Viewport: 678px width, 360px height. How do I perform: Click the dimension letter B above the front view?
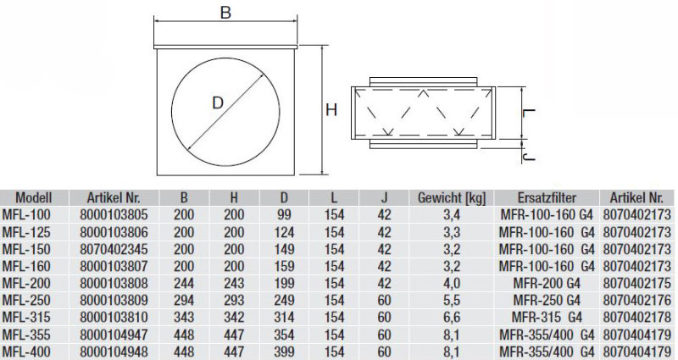225,14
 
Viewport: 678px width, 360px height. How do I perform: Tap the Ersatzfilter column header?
548,197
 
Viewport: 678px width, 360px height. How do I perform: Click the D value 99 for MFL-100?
284,213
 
